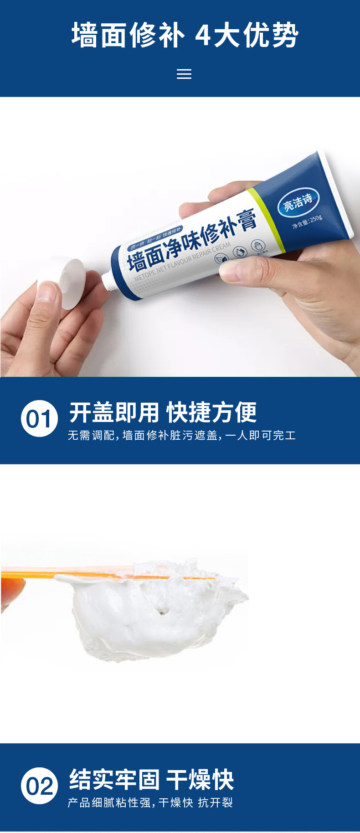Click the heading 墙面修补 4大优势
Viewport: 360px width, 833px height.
tap(185, 36)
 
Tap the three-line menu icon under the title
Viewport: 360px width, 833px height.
tap(184, 74)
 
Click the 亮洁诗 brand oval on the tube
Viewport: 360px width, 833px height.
tap(298, 201)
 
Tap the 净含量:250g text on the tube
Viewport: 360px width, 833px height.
tap(307, 222)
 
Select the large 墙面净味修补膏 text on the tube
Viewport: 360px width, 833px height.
tap(191, 242)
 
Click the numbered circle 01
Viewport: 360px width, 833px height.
tap(39, 418)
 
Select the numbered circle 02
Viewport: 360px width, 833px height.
tap(39, 786)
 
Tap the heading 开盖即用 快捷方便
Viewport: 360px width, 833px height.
tap(163, 412)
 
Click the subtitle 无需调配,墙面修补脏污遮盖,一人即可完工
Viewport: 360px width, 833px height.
tap(182, 436)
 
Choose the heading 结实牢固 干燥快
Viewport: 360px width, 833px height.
tap(151, 779)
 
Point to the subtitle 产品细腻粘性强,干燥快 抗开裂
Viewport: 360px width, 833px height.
tap(150, 802)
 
